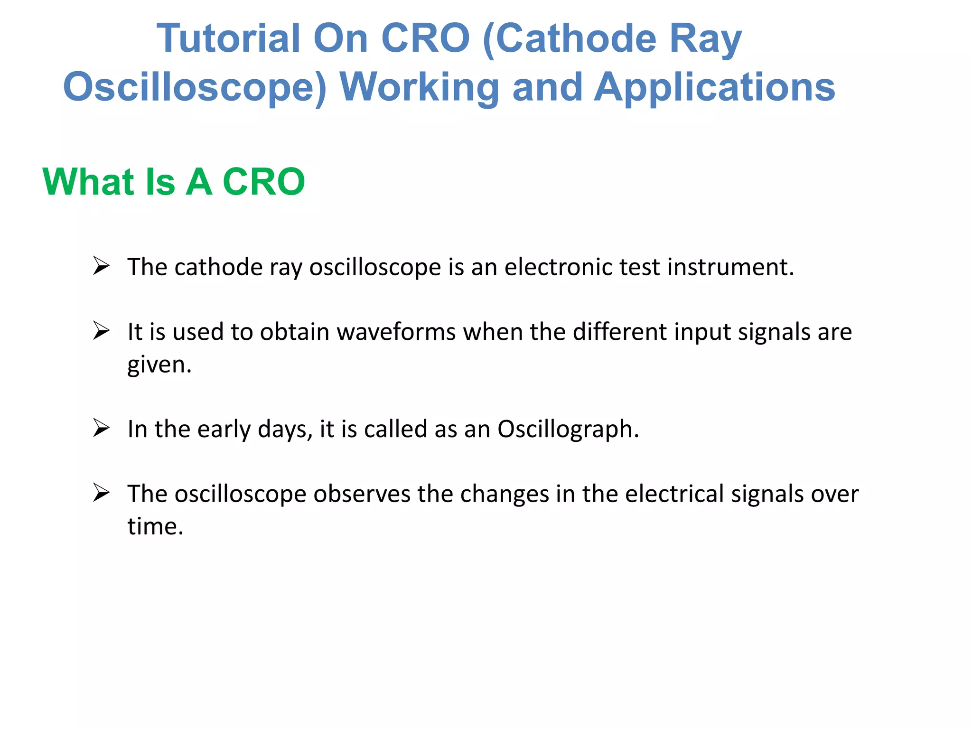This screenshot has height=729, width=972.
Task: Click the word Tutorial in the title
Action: click(228, 39)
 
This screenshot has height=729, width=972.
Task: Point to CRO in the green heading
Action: click(263, 182)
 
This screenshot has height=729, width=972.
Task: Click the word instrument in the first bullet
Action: click(730, 267)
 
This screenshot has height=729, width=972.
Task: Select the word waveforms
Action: click(396, 332)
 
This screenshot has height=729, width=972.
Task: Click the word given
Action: click(159, 365)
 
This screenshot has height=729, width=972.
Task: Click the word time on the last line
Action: click(155, 526)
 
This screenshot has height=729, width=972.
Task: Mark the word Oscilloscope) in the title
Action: click(195, 87)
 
